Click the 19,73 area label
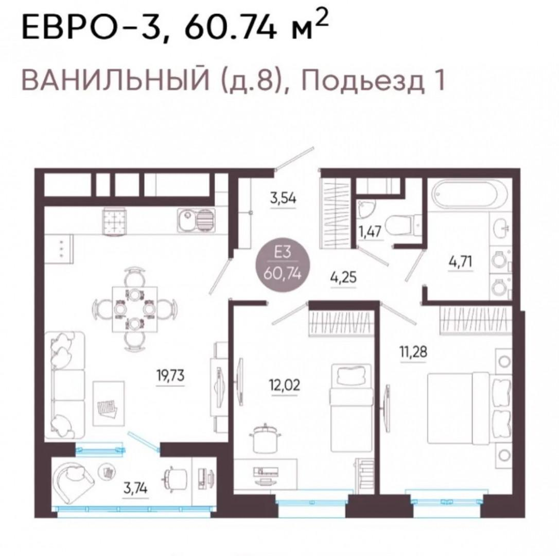point(170,375)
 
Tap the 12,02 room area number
point(285,385)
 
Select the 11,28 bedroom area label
point(413,352)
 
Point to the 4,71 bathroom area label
point(460,262)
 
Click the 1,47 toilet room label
point(370,231)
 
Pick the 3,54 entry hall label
point(283,198)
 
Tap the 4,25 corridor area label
point(343,277)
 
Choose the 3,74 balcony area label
point(136,488)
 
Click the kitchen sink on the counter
point(196,221)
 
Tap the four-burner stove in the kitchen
point(115,222)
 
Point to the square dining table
point(135,309)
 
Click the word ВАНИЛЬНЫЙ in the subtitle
point(116,80)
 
